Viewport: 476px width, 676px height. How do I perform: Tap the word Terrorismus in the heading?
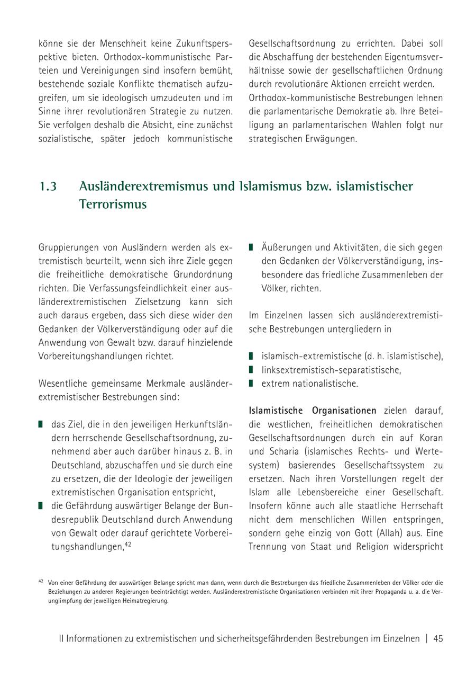pos(113,204)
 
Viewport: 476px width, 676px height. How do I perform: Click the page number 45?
pos(438,638)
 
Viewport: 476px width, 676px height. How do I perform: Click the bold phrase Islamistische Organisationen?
pos(313,411)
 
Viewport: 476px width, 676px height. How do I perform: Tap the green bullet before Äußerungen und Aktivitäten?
pos(251,247)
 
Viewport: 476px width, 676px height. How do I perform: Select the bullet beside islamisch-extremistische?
pos(251,356)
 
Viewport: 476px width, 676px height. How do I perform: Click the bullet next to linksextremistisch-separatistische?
pos(251,370)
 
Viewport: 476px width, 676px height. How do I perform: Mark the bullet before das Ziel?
pos(41,424)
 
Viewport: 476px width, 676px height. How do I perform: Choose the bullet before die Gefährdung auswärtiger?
pos(41,506)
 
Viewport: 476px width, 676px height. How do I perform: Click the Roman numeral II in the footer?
pos(61,638)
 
